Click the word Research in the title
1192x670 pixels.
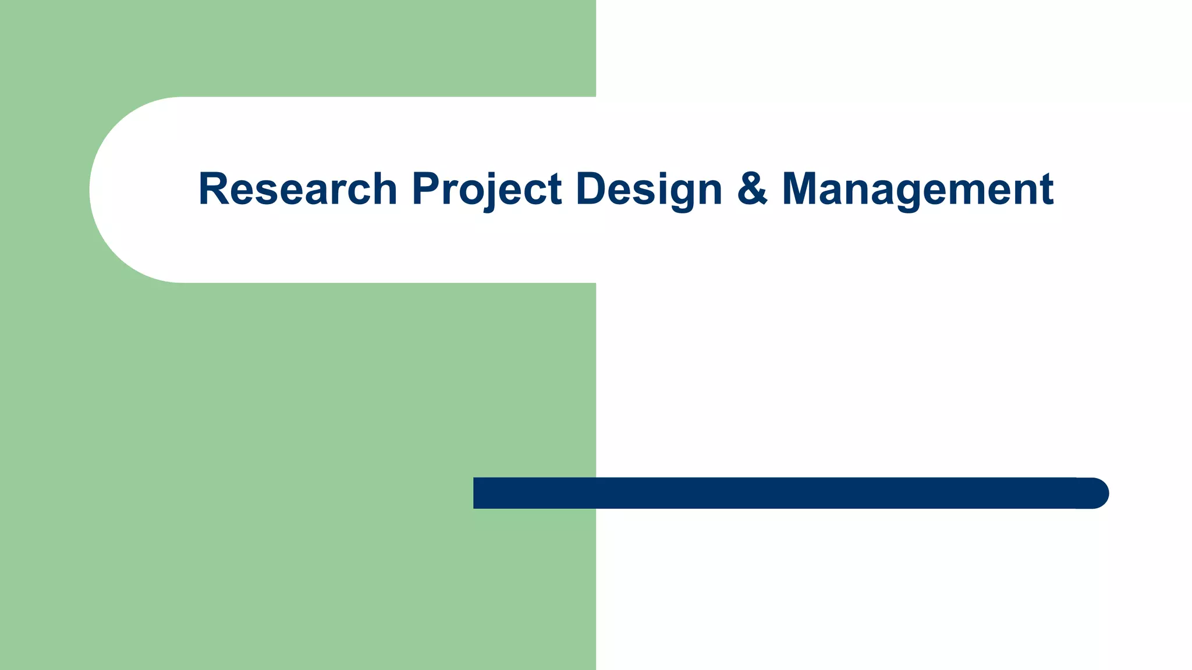click(x=297, y=189)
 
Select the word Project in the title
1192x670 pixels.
click(x=487, y=189)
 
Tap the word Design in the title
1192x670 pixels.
click(x=648, y=189)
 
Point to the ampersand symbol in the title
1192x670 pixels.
click(x=752, y=189)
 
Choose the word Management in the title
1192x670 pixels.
click(x=917, y=189)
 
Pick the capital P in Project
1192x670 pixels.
click(x=425, y=189)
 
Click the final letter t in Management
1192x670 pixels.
click(x=1046, y=190)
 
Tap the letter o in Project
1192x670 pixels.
click(x=468, y=193)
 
